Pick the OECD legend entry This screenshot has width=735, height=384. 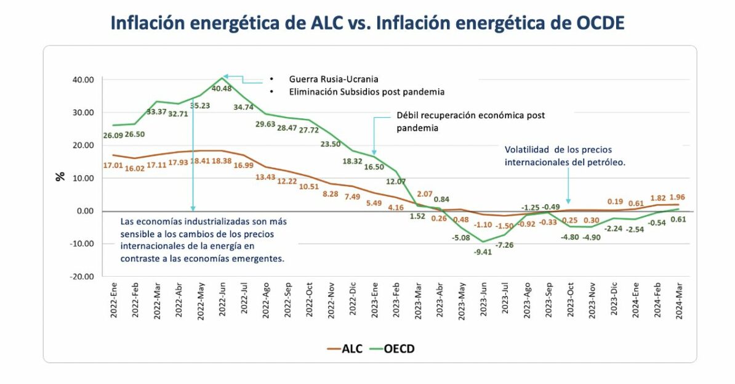point(399,348)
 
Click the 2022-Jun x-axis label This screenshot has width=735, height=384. point(222,298)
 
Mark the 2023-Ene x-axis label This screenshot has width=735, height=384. point(374,298)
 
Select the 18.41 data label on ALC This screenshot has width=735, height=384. point(201,161)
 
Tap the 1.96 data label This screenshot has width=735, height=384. point(677,197)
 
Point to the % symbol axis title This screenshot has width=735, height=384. point(60,176)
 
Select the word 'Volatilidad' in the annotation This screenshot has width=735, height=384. point(526,150)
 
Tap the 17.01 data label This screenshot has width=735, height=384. point(113,165)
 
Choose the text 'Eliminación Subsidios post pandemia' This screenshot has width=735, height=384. point(366,92)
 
